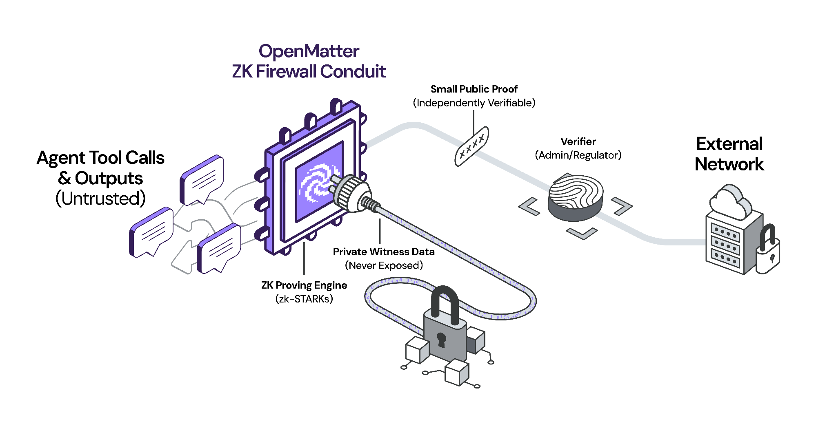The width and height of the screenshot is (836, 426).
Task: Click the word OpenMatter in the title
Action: coord(309,52)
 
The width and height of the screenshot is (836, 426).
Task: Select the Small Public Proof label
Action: coord(474,89)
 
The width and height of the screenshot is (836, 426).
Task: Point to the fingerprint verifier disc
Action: coord(576,197)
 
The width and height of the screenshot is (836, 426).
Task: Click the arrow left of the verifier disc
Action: coord(529,206)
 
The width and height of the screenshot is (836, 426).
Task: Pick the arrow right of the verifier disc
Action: coord(622,206)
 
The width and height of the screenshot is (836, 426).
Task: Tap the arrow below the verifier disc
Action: coord(582,234)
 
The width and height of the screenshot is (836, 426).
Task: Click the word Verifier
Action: coord(578,141)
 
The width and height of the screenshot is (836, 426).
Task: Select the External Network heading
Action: coord(729,154)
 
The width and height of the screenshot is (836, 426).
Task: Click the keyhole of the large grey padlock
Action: coord(441,339)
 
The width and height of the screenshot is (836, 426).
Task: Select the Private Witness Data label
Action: coord(384,252)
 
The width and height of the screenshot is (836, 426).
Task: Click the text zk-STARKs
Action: coord(304,299)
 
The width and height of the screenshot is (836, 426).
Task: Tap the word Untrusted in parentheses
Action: coord(100,199)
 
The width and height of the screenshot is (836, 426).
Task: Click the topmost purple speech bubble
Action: coord(202,179)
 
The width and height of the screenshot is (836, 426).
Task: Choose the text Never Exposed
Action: coord(384,265)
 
